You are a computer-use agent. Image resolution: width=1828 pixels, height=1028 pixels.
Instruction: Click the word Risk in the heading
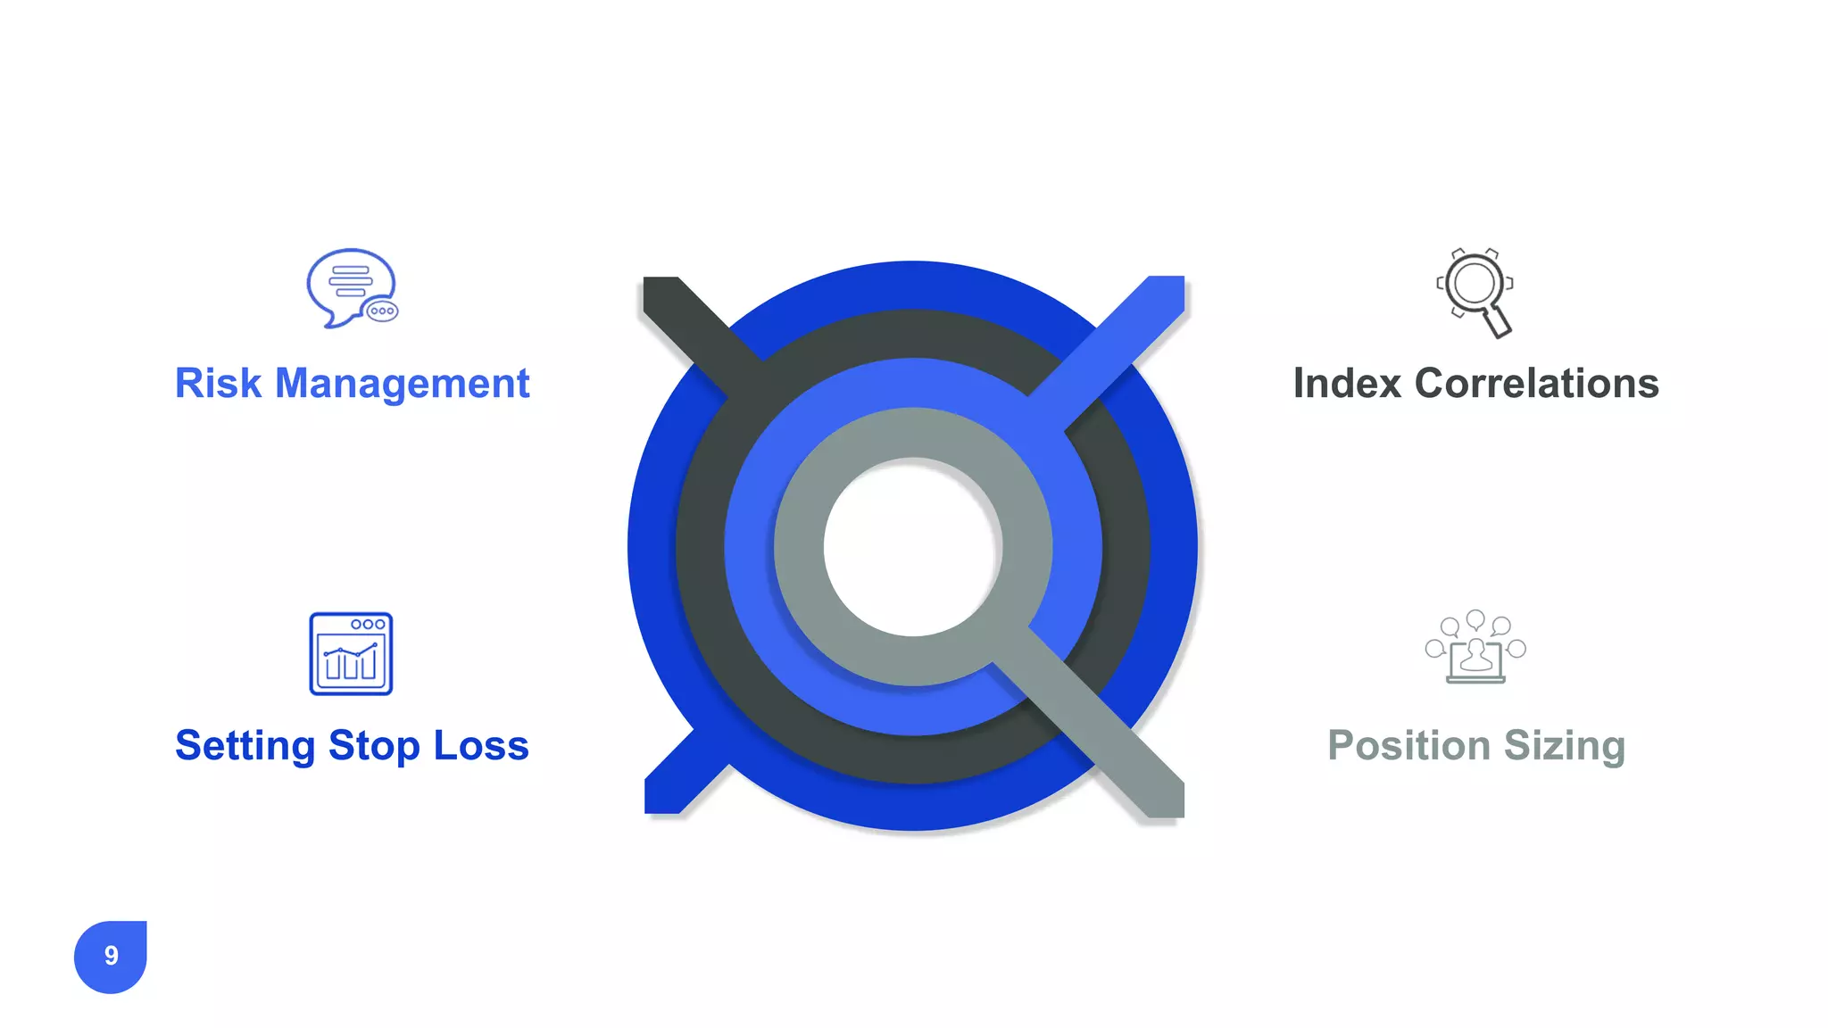click(x=218, y=384)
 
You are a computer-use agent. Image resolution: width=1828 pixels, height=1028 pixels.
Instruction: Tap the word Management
click(x=402, y=384)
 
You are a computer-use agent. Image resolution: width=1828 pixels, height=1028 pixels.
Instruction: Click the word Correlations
click(x=1536, y=384)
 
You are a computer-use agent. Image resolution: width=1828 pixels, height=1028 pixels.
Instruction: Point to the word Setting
click(x=245, y=746)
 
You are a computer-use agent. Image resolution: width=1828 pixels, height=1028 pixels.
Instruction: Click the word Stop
click(x=374, y=746)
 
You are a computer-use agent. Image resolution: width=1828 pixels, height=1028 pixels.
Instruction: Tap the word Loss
click(x=481, y=746)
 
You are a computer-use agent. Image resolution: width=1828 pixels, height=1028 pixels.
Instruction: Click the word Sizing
click(x=1565, y=746)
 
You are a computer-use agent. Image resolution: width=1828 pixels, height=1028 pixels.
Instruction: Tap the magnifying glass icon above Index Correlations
click(x=1475, y=291)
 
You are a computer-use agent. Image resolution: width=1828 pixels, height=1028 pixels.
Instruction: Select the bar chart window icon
click(x=351, y=654)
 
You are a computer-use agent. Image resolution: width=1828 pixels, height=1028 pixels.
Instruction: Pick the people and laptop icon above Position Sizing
click(x=1475, y=648)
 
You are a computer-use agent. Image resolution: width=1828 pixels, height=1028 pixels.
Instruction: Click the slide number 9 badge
click(x=111, y=956)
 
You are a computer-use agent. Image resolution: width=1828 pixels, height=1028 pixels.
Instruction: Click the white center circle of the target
click(x=912, y=546)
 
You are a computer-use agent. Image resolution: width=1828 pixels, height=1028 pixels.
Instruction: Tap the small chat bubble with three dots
click(x=382, y=311)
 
